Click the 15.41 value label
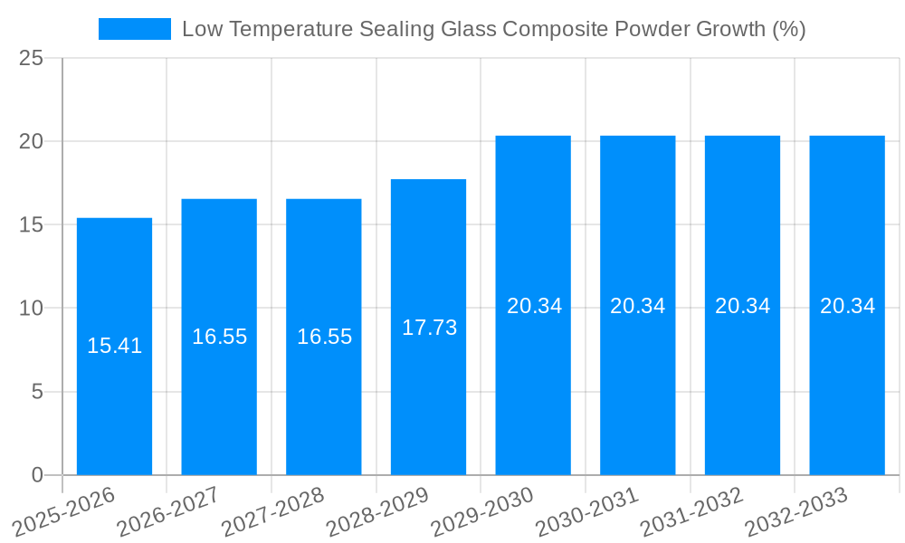click(x=114, y=346)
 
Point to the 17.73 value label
click(x=429, y=328)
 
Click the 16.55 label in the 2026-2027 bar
click(x=219, y=337)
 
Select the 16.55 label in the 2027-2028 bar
click(x=324, y=337)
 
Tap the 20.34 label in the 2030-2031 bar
click(x=638, y=306)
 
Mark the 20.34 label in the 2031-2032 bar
click(x=742, y=306)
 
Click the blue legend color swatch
click(x=134, y=29)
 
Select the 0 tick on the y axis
click(x=37, y=475)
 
